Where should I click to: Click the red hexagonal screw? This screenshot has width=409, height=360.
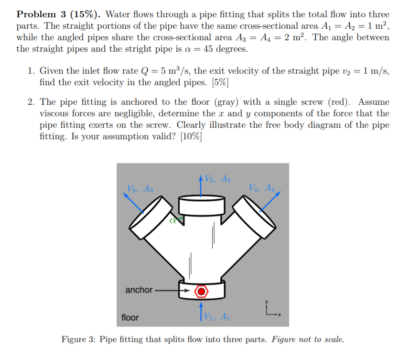coord(202,290)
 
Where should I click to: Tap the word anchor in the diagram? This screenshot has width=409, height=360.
coord(139,290)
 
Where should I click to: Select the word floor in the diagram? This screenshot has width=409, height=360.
coord(130,317)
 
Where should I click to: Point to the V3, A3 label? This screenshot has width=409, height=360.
coord(140,188)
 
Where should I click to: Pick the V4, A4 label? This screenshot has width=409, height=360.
coord(262,187)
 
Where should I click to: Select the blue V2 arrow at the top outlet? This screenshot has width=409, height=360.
coord(201,186)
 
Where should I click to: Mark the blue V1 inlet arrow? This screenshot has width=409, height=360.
coord(202,311)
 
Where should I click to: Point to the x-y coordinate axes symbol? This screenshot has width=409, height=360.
coord(270,312)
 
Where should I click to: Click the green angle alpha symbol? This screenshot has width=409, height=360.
coord(173,220)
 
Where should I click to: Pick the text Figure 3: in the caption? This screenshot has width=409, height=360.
coord(79,340)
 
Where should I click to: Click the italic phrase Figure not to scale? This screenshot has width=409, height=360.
coord(307,340)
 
